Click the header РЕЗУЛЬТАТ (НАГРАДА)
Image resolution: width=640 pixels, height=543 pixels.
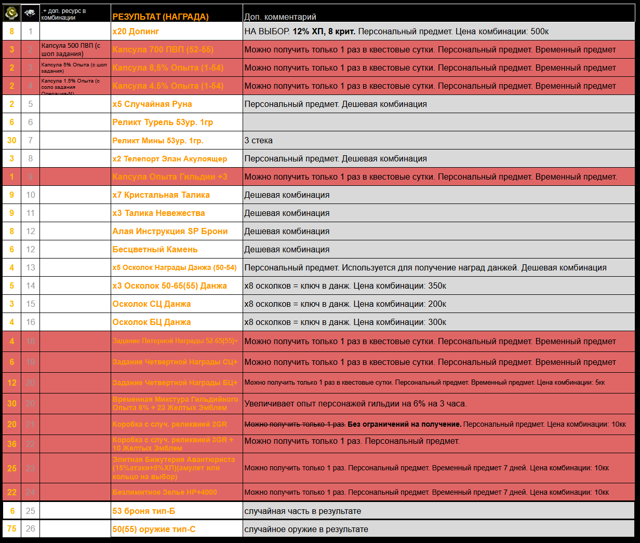click(x=161, y=17)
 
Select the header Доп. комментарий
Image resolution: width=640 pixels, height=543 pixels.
click(x=280, y=17)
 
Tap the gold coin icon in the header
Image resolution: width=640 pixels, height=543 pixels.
click(x=11, y=12)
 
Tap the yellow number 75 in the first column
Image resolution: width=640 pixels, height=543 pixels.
click(x=11, y=528)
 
